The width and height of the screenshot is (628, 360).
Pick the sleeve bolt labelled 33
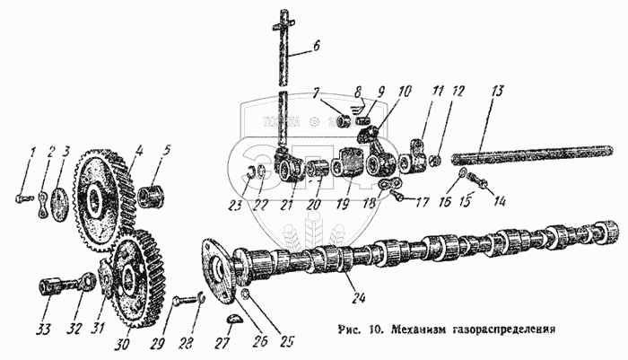(49, 292)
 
